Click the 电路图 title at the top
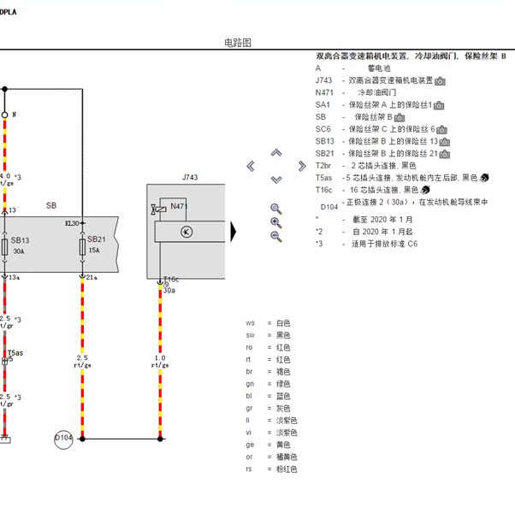point(238,43)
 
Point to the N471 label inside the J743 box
point(179,206)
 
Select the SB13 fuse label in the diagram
point(21,240)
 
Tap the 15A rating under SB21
point(94,251)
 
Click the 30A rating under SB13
point(19,251)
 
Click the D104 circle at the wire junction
point(64,439)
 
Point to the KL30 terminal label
point(72,223)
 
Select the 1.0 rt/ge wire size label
point(160,361)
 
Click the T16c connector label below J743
point(171,280)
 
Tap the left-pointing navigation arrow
point(251,166)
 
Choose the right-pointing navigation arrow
point(301,166)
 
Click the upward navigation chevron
point(276,153)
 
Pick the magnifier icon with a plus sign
point(275,222)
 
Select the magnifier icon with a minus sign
point(275,236)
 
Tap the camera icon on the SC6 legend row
point(443,129)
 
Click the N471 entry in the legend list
point(324,92)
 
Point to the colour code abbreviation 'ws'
point(251,323)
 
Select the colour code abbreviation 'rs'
point(250,469)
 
